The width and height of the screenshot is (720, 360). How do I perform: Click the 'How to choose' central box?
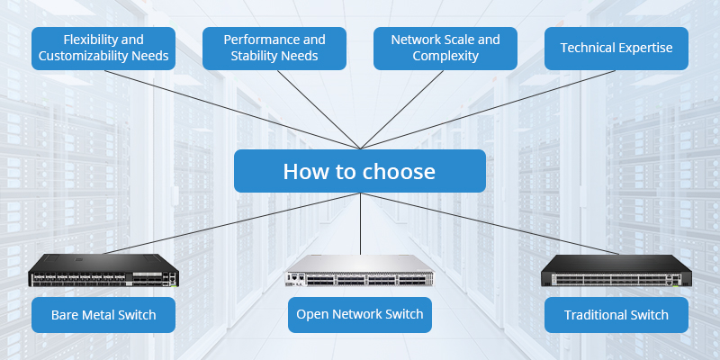[360, 171]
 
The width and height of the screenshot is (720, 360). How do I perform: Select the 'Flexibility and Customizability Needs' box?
[103, 48]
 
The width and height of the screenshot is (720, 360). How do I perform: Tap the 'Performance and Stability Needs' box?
[274, 48]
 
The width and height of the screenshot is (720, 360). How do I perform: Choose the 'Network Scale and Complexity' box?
[445, 48]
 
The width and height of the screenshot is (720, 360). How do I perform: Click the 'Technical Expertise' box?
[616, 48]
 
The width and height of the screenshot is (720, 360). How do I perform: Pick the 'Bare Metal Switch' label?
[103, 315]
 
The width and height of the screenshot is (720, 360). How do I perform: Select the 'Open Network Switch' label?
[360, 315]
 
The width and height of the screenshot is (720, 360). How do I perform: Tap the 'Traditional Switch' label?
[616, 315]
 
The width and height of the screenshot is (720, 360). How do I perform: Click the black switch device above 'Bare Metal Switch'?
[103, 271]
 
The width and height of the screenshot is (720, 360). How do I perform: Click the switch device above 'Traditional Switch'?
[616, 271]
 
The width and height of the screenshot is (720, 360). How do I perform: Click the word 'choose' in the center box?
[396, 171]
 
